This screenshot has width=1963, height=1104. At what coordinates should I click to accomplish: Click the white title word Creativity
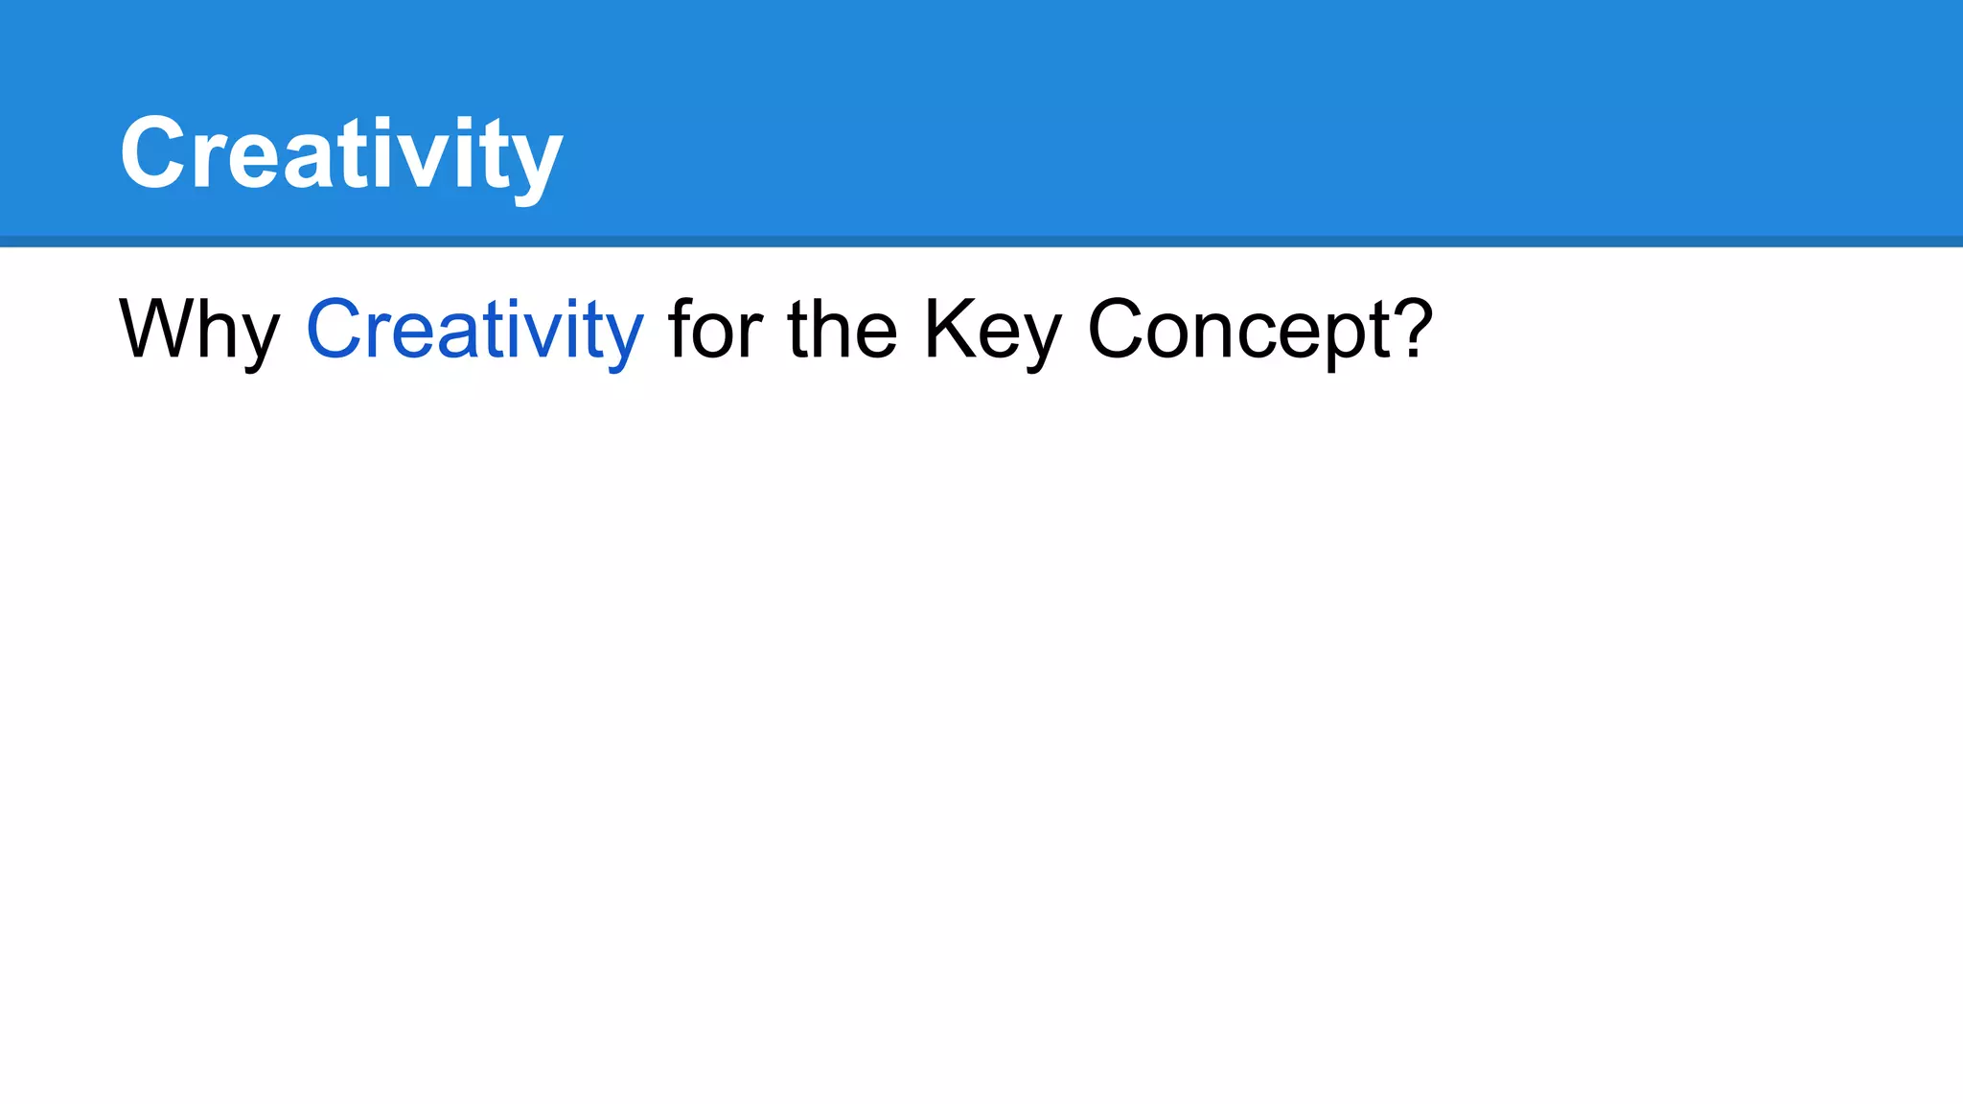tap(340, 153)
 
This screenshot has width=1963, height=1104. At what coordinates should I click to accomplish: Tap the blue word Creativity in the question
tap(474, 330)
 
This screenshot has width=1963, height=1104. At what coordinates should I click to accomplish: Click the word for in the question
tap(714, 330)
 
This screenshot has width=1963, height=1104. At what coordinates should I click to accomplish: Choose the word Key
tap(992, 330)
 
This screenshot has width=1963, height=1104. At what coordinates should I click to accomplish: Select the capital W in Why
tap(155, 328)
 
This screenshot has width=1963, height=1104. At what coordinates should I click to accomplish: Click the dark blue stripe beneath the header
tap(981, 241)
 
